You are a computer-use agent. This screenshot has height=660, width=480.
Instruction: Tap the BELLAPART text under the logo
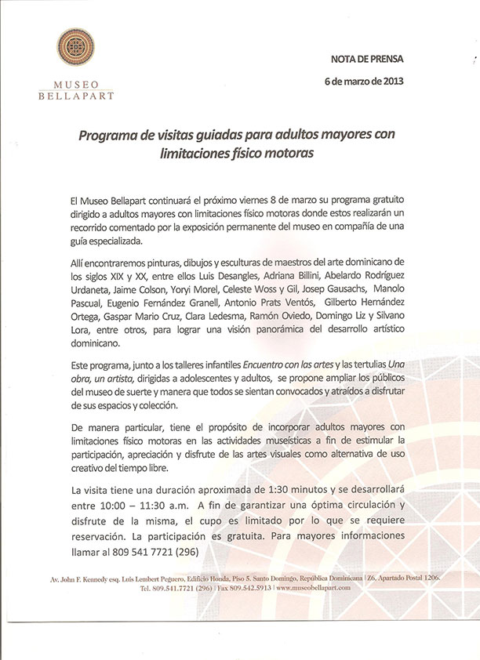[x=76, y=96]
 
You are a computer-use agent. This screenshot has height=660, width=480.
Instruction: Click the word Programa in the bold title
[x=111, y=136]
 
